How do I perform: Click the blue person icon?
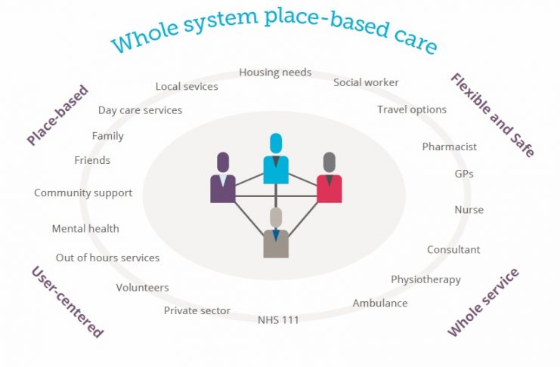pyautogui.click(x=276, y=159)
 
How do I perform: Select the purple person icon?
pyautogui.click(x=223, y=177)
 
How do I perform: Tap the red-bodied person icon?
pyautogui.click(x=330, y=177)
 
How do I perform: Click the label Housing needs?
pyautogui.click(x=275, y=72)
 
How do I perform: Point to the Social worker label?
pyautogui.click(x=366, y=82)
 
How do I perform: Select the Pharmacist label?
pyautogui.click(x=450, y=146)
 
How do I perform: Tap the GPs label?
pyautogui.click(x=464, y=174)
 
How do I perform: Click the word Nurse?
pyautogui.click(x=469, y=210)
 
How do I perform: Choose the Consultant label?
pyautogui.click(x=453, y=249)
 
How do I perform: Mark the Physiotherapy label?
pyautogui.click(x=425, y=279)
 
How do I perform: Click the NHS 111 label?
pyautogui.click(x=278, y=320)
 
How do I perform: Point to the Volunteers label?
pyautogui.click(x=143, y=288)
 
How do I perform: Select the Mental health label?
pyautogui.click(x=85, y=229)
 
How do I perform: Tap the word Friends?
pyautogui.click(x=92, y=160)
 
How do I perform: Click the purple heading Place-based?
pyautogui.click(x=58, y=115)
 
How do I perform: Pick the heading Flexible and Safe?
pyautogui.click(x=493, y=115)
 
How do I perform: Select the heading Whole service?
pyautogui.click(x=483, y=302)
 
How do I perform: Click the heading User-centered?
pyautogui.click(x=67, y=301)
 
